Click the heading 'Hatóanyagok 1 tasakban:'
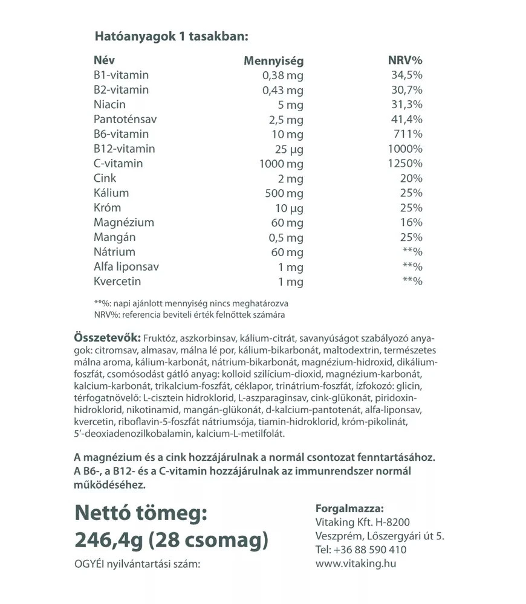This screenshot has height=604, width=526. click(171, 36)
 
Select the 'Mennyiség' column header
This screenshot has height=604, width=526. click(273, 60)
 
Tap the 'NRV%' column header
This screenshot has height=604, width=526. click(404, 60)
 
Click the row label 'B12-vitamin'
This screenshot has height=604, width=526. click(124, 149)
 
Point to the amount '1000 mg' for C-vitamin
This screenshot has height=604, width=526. click(282, 164)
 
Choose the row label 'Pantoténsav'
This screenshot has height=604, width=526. click(122, 119)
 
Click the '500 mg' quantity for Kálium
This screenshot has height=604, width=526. click(284, 193)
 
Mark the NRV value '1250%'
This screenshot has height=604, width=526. click(406, 164)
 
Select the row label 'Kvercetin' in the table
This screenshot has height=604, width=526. click(117, 281)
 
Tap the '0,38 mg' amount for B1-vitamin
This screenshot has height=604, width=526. click(282, 75)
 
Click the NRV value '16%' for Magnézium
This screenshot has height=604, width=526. click(412, 222)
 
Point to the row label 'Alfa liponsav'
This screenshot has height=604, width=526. click(126, 266)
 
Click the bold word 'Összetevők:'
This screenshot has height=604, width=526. click(107, 336)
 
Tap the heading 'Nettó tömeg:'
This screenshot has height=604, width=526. click(141, 513)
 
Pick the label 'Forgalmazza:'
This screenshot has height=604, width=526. click(349, 508)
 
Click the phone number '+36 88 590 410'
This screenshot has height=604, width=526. click(369, 550)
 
